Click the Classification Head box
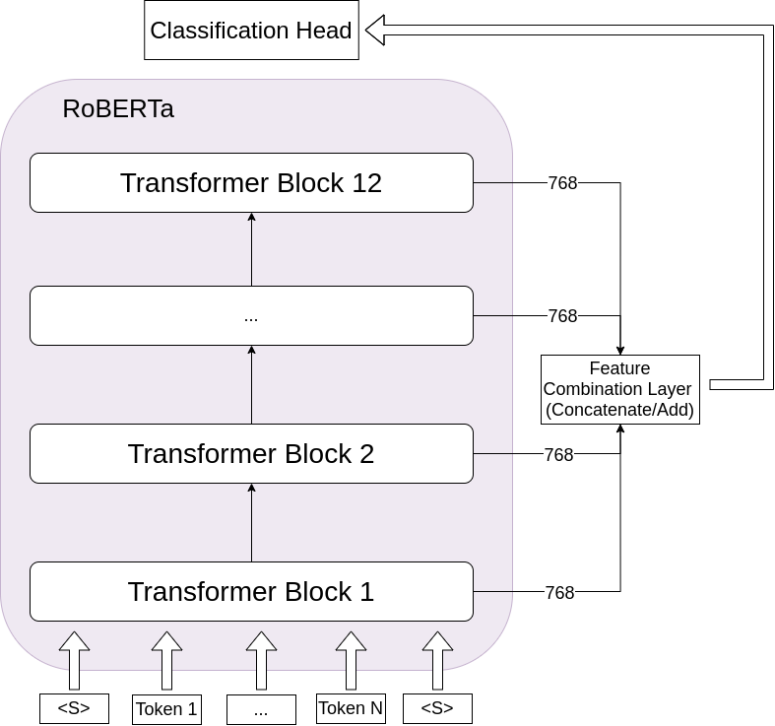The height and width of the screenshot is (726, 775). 250,31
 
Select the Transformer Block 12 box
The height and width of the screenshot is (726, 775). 251,183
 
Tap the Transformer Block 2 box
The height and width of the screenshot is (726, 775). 251,454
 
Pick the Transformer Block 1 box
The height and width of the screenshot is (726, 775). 251,592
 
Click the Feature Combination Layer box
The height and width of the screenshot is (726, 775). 619,389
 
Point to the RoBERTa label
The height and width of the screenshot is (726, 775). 118,109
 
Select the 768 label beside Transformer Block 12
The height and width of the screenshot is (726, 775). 562,183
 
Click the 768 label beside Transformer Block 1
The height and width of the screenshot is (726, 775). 559,593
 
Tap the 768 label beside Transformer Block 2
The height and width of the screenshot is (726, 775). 559,455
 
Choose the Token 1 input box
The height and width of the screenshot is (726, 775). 166,709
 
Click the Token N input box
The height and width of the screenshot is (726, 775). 351,708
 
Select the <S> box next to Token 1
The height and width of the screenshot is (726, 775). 74,708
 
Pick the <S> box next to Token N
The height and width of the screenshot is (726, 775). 437,708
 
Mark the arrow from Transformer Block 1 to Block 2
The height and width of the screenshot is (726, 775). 252,522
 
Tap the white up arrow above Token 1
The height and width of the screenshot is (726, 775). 166,660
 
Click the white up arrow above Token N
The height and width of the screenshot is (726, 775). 351,660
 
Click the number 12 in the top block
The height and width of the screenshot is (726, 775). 365,183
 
